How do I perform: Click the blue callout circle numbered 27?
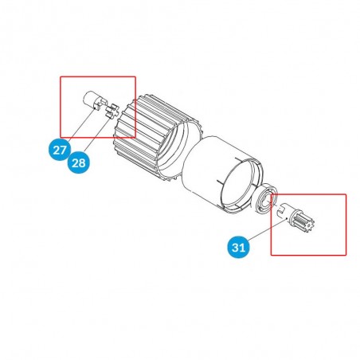pyautogui.click(x=60, y=150)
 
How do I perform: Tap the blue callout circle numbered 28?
pyautogui.click(x=79, y=162)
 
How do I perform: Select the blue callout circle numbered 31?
pyautogui.click(x=239, y=248)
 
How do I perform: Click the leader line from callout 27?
pyautogui.click(x=82, y=124)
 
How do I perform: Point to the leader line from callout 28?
pyautogui.click(x=97, y=136)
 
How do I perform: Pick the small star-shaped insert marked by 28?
pyautogui.click(x=112, y=110)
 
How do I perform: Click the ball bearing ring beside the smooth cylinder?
pyautogui.click(x=264, y=198)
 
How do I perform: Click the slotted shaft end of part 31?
pyautogui.click(x=284, y=210)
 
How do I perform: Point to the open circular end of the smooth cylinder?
pyautogui.click(x=240, y=185)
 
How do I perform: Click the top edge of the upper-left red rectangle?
pyautogui.click(x=98, y=77)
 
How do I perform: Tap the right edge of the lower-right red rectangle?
pyautogui.click(x=346, y=225)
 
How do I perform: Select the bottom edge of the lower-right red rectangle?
pyautogui.click(x=308, y=255)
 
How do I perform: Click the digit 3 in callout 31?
pyautogui.click(x=236, y=248)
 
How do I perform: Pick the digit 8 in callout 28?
pyautogui.click(x=82, y=162)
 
